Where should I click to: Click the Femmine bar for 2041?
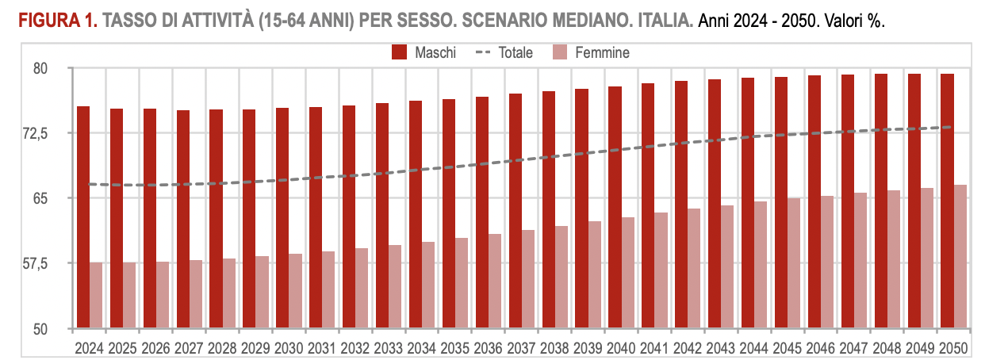click(661, 270)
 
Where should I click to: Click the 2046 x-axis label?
click(821, 347)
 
